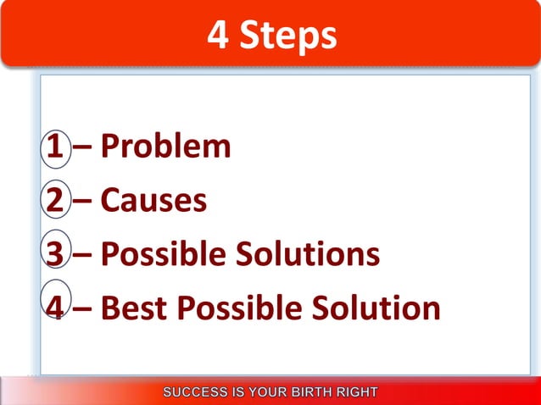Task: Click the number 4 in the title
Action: (219, 36)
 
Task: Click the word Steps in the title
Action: (288, 36)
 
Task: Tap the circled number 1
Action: (53, 147)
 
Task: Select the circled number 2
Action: (53, 201)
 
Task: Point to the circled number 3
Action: (53, 254)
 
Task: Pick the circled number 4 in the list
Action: (54, 308)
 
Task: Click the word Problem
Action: (165, 147)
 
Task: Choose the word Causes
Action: (153, 201)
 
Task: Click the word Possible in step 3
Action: (165, 254)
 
